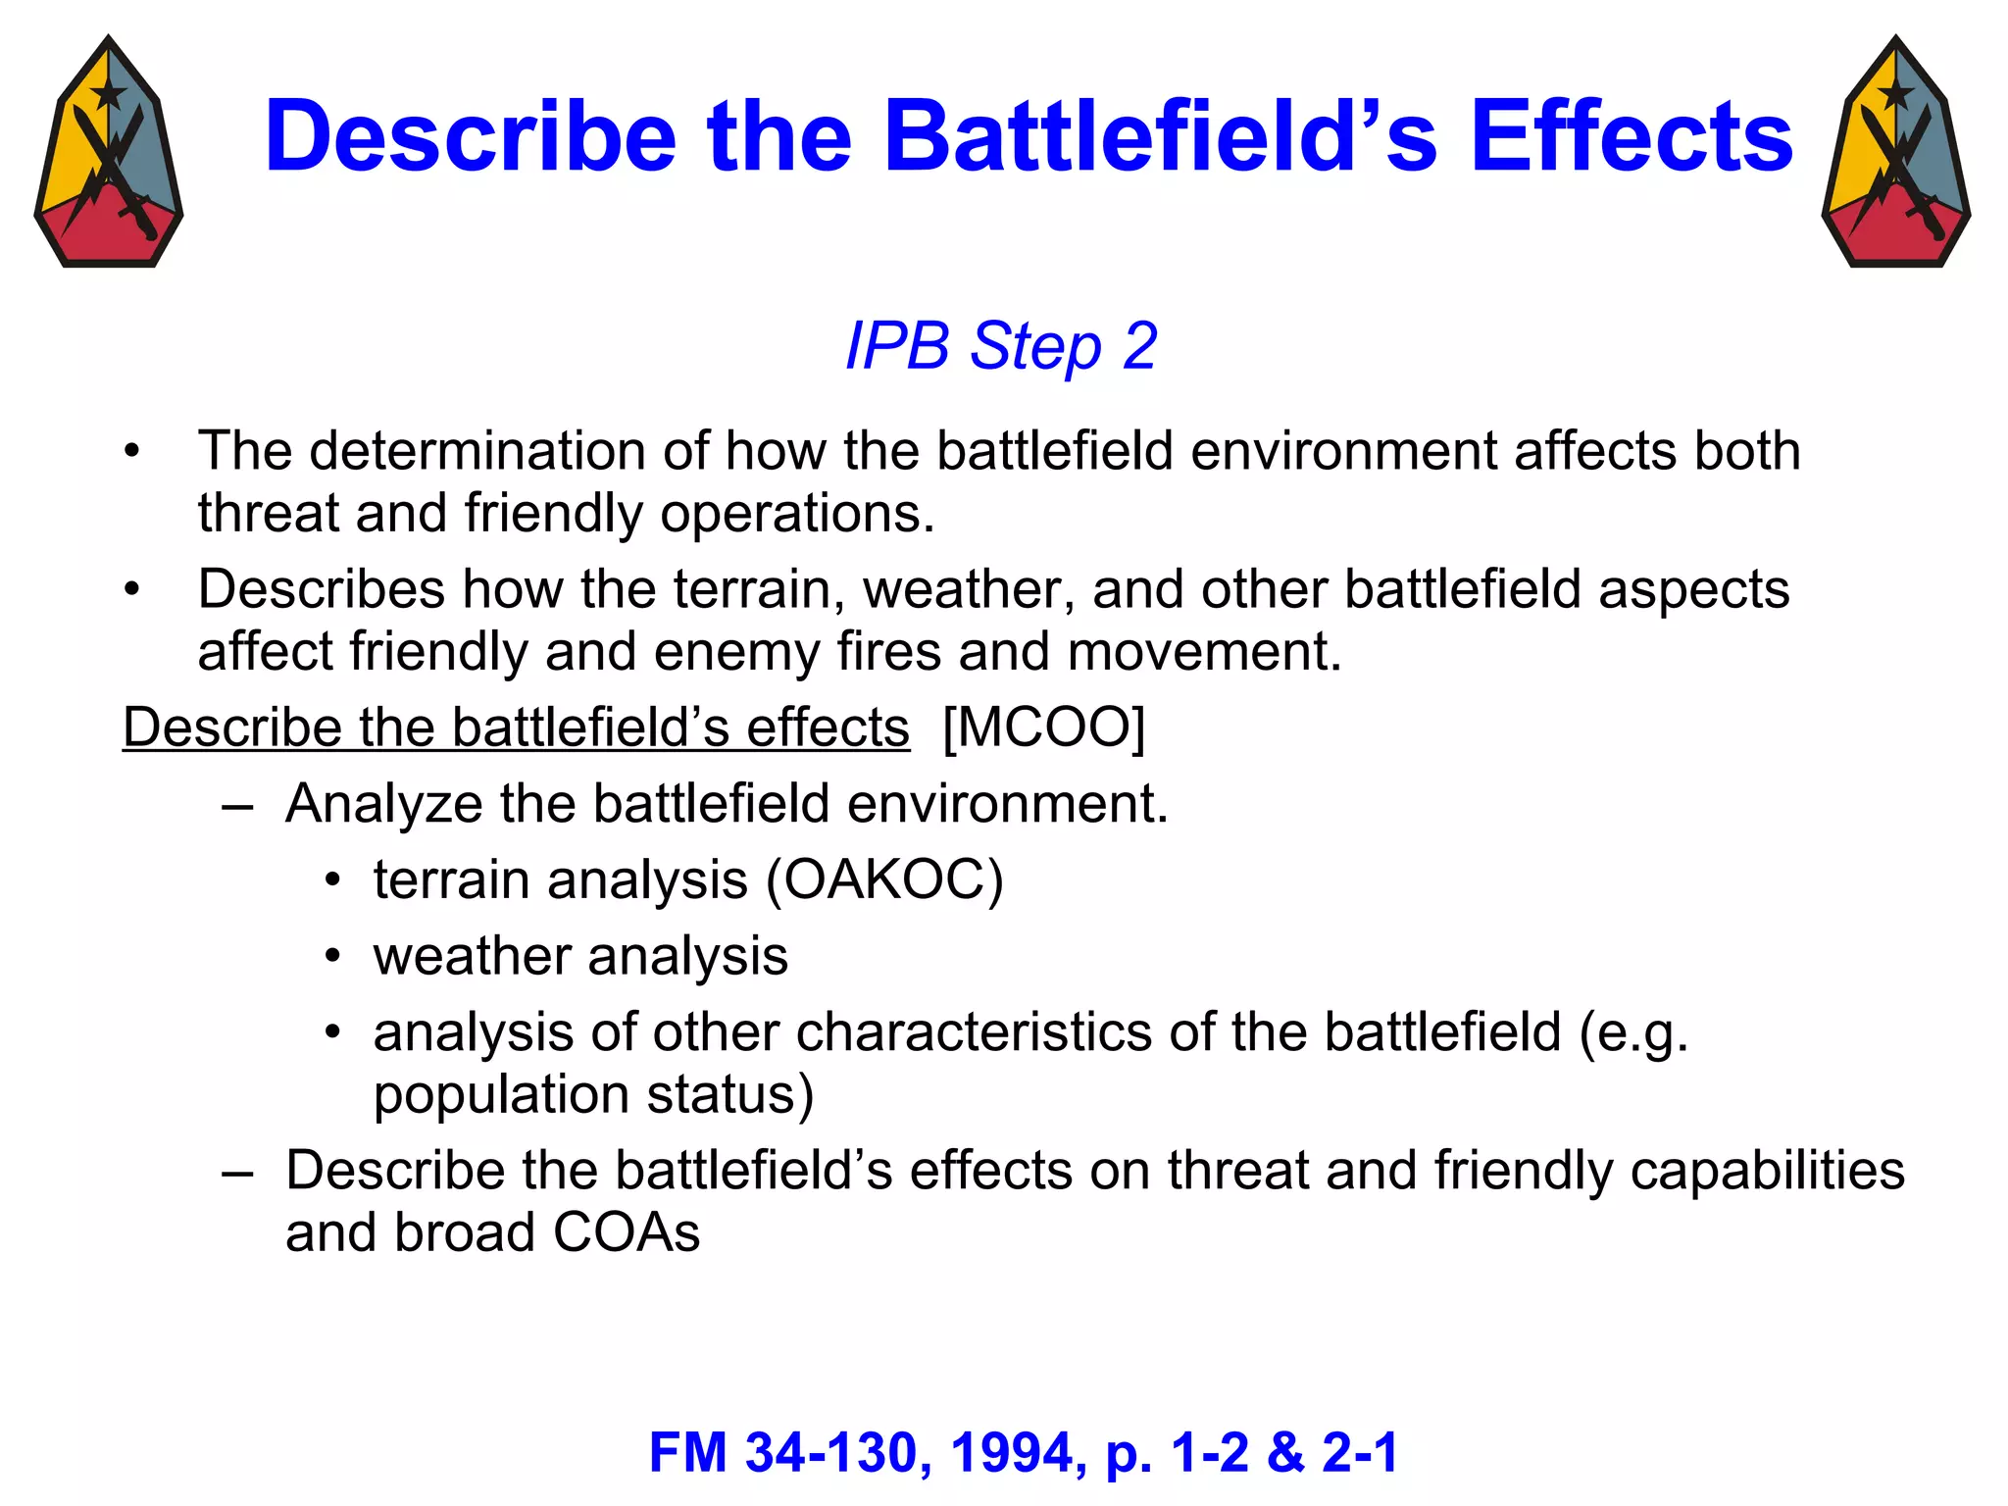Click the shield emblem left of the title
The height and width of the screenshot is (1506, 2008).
(109, 152)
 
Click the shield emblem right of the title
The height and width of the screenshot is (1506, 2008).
(1895, 152)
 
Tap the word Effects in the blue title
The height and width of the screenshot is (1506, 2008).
(1631, 137)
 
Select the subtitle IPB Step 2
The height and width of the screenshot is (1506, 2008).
(1001, 346)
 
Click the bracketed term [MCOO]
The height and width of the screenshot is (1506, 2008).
(1043, 728)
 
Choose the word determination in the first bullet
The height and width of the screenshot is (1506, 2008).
(477, 451)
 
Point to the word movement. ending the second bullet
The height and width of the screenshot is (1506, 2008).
(1204, 652)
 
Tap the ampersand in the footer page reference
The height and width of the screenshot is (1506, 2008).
(1286, 1452)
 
